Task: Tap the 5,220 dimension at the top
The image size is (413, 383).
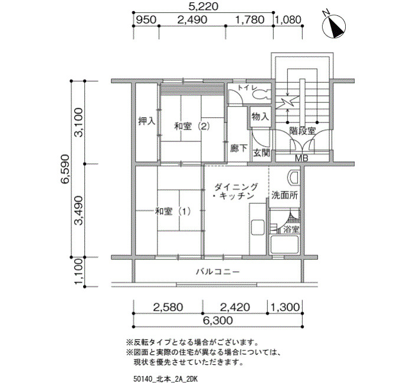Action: (x=204, y=6)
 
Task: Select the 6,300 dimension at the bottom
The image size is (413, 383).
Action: (x=218, y=321)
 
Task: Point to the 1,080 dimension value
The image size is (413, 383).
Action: (x=289, y=19)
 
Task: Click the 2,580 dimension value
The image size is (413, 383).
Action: (x=168, y=307)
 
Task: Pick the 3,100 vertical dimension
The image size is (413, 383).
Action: (x=78, y=122)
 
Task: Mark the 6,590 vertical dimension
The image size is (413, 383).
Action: (x=65, y=169)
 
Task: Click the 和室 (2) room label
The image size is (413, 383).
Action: (x=192, y=127)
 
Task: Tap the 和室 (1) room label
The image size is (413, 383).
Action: (x=172, y=211)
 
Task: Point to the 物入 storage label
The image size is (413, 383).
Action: (x=260, y=116)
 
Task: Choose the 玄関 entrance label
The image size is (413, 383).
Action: (x=261, y=153)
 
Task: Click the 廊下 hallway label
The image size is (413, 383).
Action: (x=238, y=148)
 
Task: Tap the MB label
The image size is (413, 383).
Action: (x=301, y=158)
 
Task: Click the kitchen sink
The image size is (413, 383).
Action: (x=257, y=227)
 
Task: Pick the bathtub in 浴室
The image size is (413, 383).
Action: (x=284, y=245)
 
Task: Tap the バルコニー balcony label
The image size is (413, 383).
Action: (x=218, y=272)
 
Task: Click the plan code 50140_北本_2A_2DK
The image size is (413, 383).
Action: (x=165, y=379)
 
